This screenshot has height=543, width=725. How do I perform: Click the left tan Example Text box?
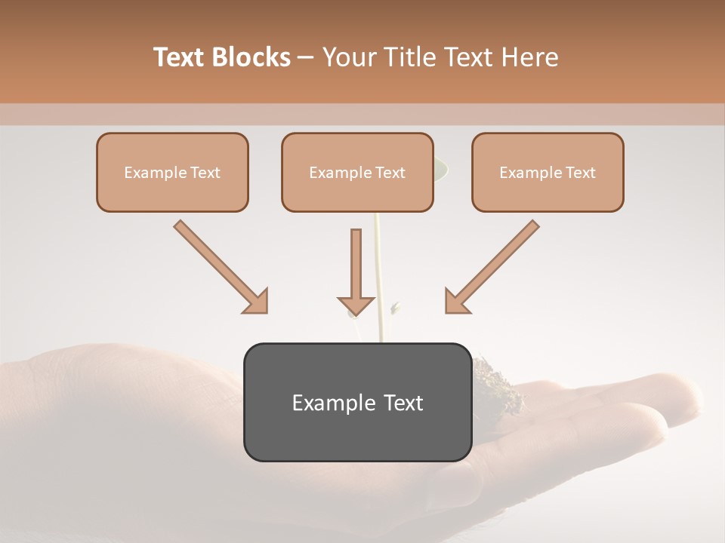tap(172, 172)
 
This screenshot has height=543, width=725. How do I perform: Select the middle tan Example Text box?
tap(357, 172)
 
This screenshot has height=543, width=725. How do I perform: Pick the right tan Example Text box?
tap(548, 172)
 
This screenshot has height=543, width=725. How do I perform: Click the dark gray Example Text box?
tap(357, 402)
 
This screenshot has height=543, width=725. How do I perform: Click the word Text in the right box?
tap(580, 173)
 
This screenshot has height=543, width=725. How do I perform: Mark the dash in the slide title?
tap(306, 57)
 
